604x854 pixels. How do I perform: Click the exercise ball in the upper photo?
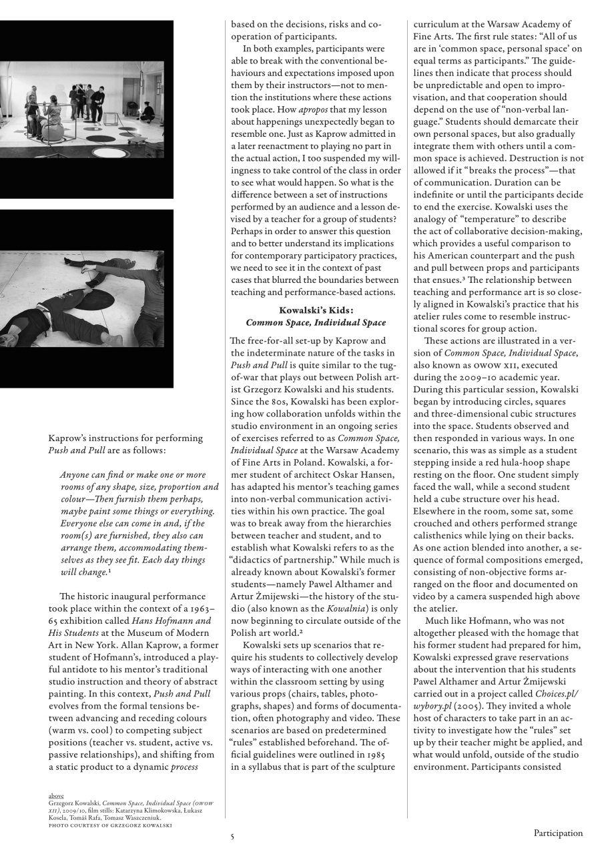point(52,131)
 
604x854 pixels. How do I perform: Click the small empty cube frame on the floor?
point(111,119)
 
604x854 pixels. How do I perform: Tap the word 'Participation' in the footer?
point(557,833)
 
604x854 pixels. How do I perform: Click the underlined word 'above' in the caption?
point(56,796)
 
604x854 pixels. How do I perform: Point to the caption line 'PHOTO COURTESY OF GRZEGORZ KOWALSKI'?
point(110,825)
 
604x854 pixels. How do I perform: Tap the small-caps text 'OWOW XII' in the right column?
point(513,366)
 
